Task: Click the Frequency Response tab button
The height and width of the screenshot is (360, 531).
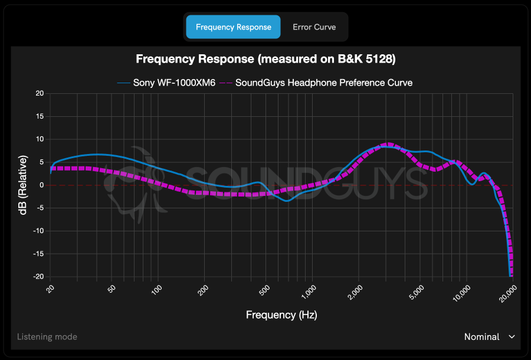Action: (x=233, y=27)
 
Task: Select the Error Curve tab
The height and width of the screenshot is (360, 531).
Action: (x=314, y=27)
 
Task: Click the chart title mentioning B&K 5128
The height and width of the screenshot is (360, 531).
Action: (x=265, y=59)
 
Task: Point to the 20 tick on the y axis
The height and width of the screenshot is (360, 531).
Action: (x=40, y=93)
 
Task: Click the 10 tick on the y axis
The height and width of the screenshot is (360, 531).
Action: (x=40, y=139)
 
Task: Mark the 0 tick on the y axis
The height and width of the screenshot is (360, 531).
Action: (x=41, y=185)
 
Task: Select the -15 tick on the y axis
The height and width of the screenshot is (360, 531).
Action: (x=38, y=254)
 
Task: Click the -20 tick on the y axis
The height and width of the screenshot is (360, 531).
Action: (x=38, y=277)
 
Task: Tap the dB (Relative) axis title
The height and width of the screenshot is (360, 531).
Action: (x=23, y=185)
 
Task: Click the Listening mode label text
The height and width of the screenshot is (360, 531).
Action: (x=47, y=337)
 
